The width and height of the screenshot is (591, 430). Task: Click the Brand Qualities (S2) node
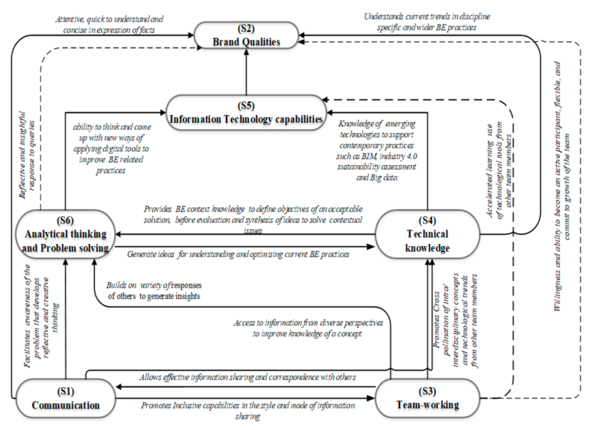(246, 35)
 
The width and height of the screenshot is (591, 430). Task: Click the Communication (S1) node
(66, 399)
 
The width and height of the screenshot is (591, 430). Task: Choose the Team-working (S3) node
(427, 399)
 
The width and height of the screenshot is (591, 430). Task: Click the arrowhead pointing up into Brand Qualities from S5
(246, 52)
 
